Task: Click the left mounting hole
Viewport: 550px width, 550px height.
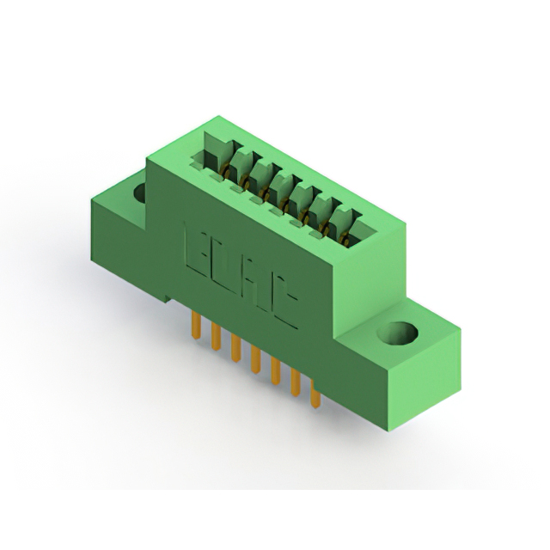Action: coord(138,192)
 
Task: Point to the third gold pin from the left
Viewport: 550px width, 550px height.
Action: coord(234,348)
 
